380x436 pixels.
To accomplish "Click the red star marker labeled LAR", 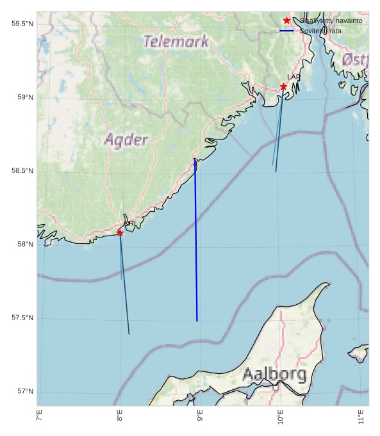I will point(283,86).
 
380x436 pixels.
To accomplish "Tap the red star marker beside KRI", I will point(120,232).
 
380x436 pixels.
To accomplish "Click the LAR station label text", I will point(293,77).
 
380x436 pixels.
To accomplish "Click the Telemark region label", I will point(176,42).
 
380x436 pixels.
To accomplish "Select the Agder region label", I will point(126,140).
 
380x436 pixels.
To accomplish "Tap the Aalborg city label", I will point(274,375).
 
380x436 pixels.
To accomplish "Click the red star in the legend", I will point(286,20).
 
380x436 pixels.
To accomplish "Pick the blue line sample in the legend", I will point(286,31).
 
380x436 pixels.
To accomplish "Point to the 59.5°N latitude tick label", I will point(22,24).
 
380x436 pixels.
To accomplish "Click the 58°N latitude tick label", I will point(24,245).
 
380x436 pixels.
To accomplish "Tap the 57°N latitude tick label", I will point(24,392).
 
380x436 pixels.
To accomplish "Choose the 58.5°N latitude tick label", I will point(22,171).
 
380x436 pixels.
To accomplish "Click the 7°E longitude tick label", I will point(39,417).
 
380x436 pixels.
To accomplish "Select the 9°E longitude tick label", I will point(200,417).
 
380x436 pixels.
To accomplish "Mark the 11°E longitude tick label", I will point(361,417).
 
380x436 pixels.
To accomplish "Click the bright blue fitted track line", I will point(196,243).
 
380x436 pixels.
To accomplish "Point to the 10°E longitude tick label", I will point(281,417).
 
